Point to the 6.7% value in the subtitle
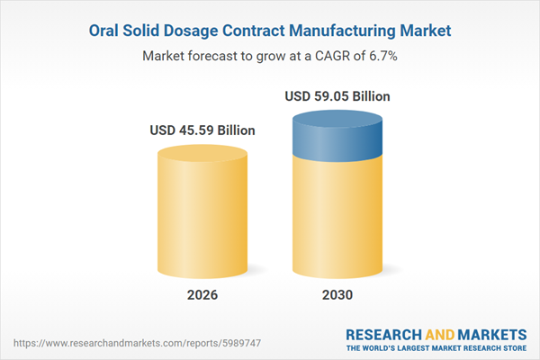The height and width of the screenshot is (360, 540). pyautogui.click(x=382, y=55)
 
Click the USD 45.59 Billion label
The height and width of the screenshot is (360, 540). pyautogui.click(x=202, y=130)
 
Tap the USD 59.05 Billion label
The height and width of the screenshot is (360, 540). pyautogui.click(x=337, y=95)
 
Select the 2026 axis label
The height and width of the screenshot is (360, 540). pyautogui.click(x=202, y=294)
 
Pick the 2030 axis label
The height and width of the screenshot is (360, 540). pyautogui.click(x=337, y=294)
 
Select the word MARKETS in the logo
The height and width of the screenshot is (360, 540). pyautogui.click(x=490, y=332)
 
